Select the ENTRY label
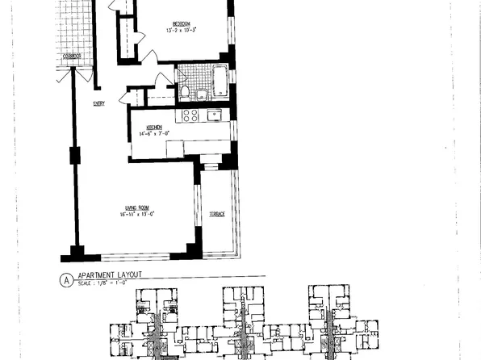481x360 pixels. [98, 103]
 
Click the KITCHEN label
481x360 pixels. [155, 127]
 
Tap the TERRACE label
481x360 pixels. [217, 214]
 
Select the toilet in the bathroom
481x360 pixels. [186, 92]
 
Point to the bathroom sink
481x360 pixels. [201, 95]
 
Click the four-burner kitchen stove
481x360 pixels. [190, 115]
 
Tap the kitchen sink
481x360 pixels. [215, 115]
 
